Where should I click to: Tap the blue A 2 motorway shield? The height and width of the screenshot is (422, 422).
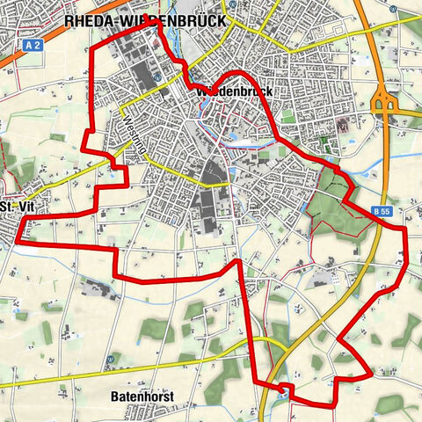tap(33, 43)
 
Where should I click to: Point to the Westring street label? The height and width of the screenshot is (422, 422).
tap(132, 136)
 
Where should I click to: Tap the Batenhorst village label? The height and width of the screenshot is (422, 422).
tap(142, 397)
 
